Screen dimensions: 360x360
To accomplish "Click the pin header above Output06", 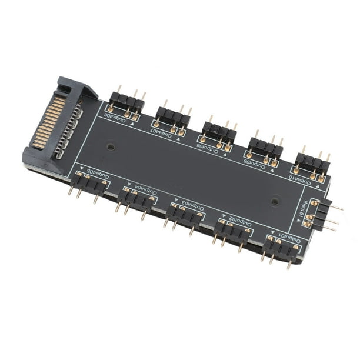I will (127, 103).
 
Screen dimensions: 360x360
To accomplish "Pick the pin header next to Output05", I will (90, 185).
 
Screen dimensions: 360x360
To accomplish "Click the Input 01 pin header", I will (323, 215).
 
